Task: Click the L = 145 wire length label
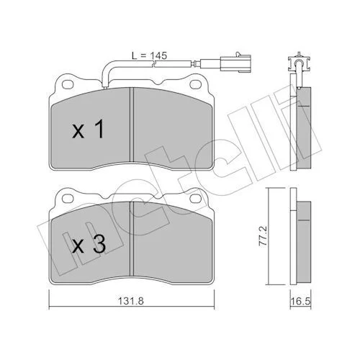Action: [149, 55]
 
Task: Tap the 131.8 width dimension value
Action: [131, 301]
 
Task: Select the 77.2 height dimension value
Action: [264, 236]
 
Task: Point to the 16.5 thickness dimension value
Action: [300, 301]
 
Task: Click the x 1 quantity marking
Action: [89, 129]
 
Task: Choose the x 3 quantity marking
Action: [89, 244]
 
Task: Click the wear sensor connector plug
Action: [235, 63]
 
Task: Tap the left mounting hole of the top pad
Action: [68, 84]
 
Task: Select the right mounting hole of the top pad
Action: [195, 84]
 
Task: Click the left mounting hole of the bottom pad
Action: [68, 198]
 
